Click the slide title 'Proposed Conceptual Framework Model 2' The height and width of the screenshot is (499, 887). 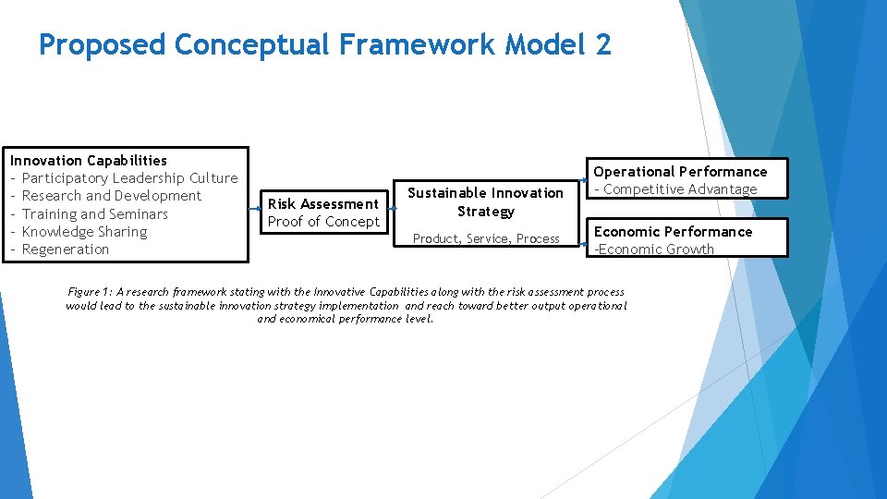324,44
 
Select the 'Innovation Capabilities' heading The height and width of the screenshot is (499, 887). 89,160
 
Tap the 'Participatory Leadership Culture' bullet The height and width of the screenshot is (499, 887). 129,177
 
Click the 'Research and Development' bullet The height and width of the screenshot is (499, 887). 111,196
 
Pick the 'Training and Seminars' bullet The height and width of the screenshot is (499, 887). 94,213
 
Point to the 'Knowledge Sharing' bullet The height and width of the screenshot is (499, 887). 84,232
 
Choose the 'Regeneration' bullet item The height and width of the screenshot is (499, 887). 65,249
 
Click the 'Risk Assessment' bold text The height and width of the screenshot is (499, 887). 323,203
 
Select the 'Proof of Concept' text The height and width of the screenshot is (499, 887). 323,222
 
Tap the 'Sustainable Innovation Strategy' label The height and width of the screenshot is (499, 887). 485,201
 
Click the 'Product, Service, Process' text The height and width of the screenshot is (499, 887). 486,238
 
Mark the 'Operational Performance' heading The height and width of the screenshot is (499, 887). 680,171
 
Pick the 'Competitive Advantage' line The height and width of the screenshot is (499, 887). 680,189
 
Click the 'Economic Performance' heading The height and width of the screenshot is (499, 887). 673,231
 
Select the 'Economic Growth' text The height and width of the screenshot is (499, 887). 655,249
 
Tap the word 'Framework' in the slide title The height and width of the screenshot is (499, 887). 393,44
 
